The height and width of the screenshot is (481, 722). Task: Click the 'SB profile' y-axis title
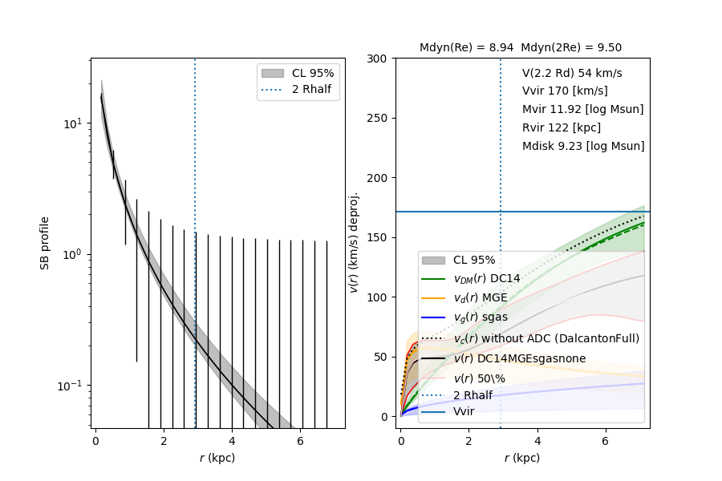tap(45, 242)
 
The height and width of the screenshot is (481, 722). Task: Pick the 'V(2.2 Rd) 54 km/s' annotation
tap(572, 73)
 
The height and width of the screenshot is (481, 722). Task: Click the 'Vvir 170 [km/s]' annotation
tap(564, 91)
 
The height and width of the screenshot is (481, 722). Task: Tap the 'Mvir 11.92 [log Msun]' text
tap(582, 109)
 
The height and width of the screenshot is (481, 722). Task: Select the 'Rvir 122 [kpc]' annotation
tap(561, 127)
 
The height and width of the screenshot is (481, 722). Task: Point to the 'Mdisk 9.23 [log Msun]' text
tap(583, 146)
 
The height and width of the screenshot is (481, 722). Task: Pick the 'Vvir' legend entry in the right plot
tap(464, 412)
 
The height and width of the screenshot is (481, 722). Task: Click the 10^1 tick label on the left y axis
tap(72, 124)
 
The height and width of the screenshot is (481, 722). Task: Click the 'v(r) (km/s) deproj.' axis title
tap(354, 242)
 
